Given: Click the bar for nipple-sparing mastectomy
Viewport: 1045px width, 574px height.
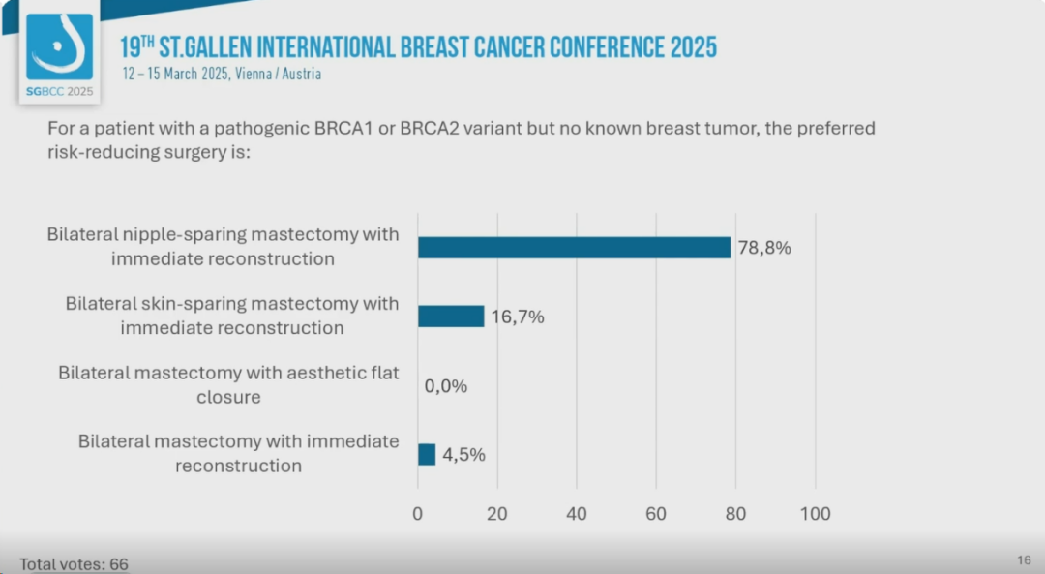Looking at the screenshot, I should point(574,247).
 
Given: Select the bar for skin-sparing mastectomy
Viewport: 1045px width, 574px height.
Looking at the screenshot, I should point(451,317).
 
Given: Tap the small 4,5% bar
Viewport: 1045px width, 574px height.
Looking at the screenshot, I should point(427,454).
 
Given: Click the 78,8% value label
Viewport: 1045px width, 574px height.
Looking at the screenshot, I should point(763,248).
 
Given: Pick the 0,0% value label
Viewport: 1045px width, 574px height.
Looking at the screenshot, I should point(446,386).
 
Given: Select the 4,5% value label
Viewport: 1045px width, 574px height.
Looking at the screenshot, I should point(463,454).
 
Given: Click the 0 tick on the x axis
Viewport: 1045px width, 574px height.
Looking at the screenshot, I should point(418,514).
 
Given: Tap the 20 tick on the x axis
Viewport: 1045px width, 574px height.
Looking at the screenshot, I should point(497,514).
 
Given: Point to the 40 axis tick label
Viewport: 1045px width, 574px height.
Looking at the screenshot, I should point(577,514).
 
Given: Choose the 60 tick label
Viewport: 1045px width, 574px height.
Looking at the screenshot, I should point(656,514).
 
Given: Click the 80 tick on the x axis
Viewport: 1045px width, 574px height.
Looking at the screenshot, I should point(735,514).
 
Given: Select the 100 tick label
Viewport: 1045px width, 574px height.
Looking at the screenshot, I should point(816,514).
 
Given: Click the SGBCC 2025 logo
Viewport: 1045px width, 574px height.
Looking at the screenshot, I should point(60,56).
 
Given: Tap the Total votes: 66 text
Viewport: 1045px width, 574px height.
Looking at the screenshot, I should point(74,564).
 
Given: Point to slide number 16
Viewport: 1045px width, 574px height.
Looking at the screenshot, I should point(1024,560).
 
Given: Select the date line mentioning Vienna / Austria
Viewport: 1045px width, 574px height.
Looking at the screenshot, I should point(222,74).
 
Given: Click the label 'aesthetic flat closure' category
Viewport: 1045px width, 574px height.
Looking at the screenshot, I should point(228,384).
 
